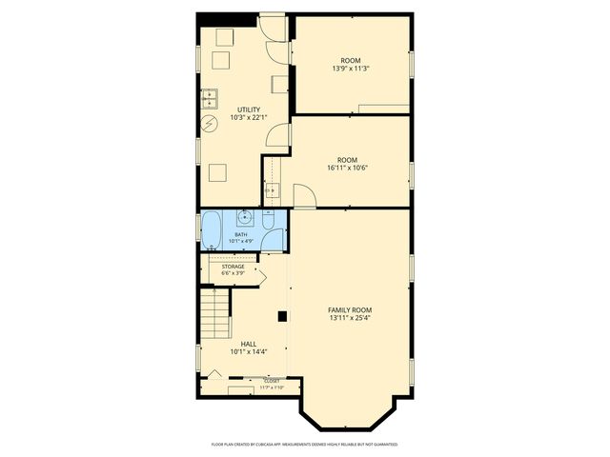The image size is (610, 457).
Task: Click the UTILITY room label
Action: (248, 109)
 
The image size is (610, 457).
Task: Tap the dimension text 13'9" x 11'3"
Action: (352, 69)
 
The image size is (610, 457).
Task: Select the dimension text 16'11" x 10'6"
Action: (347, 168)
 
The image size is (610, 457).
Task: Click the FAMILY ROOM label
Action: (350, 310)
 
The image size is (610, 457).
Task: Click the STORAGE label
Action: (234, 267)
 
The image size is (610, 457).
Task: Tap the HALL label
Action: (248, 344)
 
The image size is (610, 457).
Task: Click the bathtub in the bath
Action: (211, 230)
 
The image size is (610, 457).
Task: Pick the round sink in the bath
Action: (245, 218)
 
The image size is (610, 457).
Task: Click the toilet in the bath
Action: (270, 223)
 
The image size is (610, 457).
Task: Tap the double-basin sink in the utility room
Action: (210, 97)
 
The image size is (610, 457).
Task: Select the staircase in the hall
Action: (215, 314)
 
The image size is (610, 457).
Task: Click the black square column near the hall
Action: (282, 316)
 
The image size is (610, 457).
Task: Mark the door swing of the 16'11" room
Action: (305, 197)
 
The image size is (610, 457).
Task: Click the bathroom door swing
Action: (274, 238)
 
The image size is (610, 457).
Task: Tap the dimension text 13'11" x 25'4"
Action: (350, 319)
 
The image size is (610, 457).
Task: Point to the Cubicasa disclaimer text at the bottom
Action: (304, 444)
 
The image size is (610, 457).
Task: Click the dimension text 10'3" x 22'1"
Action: (248, 118)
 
